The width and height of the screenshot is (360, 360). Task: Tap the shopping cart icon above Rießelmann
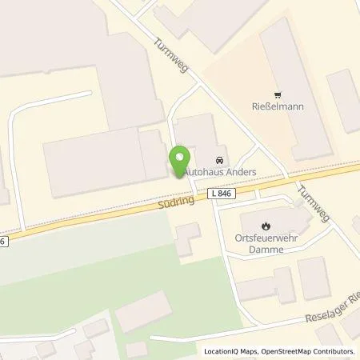tap(278, 94)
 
